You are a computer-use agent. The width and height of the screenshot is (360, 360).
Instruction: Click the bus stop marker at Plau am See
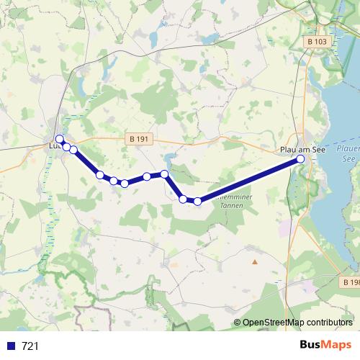(300, 159)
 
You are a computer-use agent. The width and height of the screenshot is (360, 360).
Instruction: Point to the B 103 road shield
(317, 42)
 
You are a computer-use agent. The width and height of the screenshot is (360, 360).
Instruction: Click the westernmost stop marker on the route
(60, 139)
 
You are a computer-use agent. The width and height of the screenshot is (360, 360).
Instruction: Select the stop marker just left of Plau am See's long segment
(197, 201)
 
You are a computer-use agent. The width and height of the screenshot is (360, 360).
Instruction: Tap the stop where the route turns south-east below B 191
(164, 174)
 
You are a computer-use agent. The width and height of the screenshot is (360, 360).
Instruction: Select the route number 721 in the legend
(30, 346)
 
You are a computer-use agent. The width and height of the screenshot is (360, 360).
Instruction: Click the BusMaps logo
(325, 345)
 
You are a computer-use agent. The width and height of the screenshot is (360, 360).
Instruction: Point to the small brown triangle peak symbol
(253, 252)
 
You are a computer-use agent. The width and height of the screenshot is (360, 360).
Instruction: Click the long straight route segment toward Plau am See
(248, 180)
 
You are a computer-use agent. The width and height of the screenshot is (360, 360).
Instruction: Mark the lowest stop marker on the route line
(197, 201)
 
